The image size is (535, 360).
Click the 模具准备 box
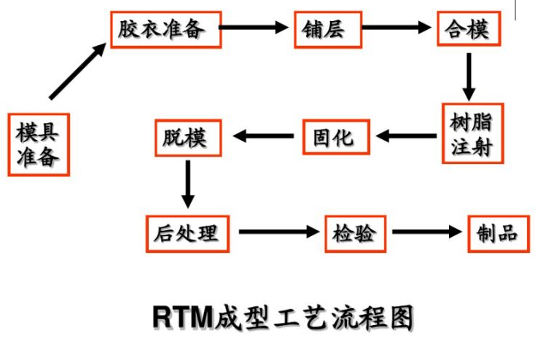coord(39,144)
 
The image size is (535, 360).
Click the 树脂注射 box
coord(472,133)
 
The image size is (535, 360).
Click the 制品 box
coord(498,233)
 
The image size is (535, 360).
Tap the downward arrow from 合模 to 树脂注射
coord(469,76)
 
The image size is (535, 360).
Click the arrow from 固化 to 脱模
coord(262,135)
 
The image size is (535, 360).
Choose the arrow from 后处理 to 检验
coord(280,232)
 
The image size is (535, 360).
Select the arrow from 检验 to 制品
coord(427,232)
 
